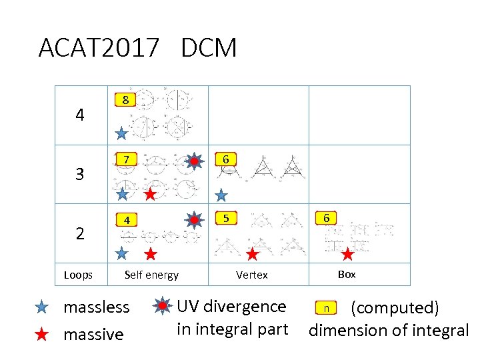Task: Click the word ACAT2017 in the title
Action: pyautogui.click(x=98, y=48)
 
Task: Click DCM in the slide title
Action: pyautogui.click(x=208, y=48)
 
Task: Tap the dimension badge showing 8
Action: pyautogui.click(x=125, y=101)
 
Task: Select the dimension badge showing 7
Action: pyautogui.click(x=125, y=159)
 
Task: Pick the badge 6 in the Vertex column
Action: pyautogui.click(x=226, y=159)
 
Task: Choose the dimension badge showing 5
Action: pyautogui.click(x=226, y=218)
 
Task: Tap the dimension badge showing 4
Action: pyautogui.click(x=125, y=219)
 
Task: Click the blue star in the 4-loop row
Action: pyautogui.click(x=121, y=133)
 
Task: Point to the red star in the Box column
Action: pyautogui.click(x=347, y=253)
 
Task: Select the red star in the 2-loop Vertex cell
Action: pyautogui.click(x=252, y=253)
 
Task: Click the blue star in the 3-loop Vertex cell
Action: pyautogui.click(x=221, y=195)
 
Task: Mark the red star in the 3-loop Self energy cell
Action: pyautogui.click(x=151, y=195)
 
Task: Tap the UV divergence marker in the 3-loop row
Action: pyautogui.click(x=193, y=161)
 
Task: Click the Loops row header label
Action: pyautogui.click(x=79, y=275)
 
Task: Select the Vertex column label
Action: pyautogui.click(x=252, y=275)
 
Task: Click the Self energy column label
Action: pyautogui.click(x=152, y=275)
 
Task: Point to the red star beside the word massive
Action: pyautogui.click(x=41, y=334)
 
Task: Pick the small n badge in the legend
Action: pyautogui.click(x=325, y=308)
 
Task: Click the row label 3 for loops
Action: pyautogui.click(x=80, y=175)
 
